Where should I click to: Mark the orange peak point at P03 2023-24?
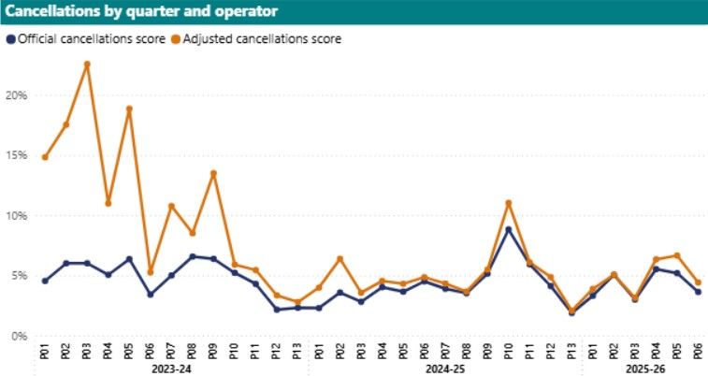pos(87,65)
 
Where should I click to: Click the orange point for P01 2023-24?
pos(45,157)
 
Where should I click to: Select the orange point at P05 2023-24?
pos(129,109)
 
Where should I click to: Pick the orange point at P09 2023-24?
pos(213,173)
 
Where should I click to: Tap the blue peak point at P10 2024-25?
pos(508,229)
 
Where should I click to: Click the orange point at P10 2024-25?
pos(508,203)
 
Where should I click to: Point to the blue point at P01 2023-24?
pos(45,281)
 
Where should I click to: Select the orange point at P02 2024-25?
pos(340,258)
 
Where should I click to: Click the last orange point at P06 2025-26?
pos(698,282)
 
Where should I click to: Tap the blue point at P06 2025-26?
pos(698,292)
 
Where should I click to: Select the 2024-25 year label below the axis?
pos(445,369)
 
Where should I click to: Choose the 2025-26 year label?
pos(645,369)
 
